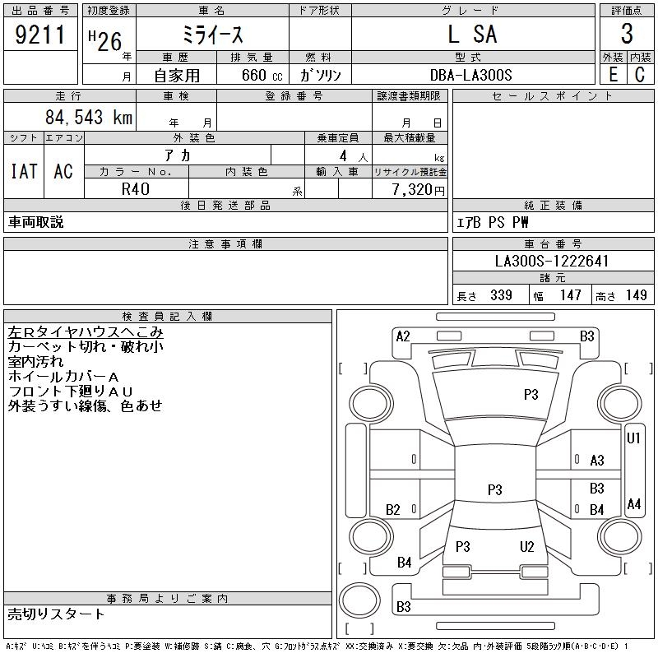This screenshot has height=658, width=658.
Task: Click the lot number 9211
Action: pyautogui.click(x=39, y=35)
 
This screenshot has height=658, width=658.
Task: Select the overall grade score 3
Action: pyautogui.click(x=627, y=34)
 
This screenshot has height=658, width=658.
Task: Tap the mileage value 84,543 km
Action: pyautogui.click(x=89, y=117)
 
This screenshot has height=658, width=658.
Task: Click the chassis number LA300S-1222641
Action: pyautogui.click(x=551, y=261)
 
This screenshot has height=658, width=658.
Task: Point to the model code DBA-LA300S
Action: pyautogui.click(x=470, y=75)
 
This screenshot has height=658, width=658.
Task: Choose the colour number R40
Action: pyautogui.click(x=136, y=189)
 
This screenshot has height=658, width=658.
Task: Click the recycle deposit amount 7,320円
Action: pyautogui.click(x=418, y=190)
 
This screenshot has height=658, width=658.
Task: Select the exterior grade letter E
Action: pyautogui.click(x=613, y=75)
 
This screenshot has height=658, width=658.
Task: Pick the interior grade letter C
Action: pyautogui.click(x=640, y=75)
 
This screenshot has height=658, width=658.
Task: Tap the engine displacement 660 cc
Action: pyautogui.click(x=262, y=75)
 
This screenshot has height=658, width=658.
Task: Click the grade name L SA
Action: pyautogui.click(x=472, y=34)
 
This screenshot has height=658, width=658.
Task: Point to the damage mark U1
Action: pyautogui.click(x=633, y=438)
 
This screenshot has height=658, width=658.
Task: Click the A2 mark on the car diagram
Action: pyautogui.click(x=403, y=336)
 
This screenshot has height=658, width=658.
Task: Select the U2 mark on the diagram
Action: pyautogui.click(x=526, y=546)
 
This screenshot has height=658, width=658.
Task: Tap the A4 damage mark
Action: pyautogui.click(x=633, y=503)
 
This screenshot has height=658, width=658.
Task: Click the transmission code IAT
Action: pyautogui.click(x=24, y=171)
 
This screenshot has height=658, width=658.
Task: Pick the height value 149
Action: pyautogui.click(x=636, y=295)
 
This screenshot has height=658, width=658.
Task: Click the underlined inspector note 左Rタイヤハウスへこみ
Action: pyautogui.click(x=86, y=332)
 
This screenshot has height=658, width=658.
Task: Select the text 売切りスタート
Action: pyautogui.click(x=56, y=614)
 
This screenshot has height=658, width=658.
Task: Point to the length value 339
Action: pyautogui.click(x=501, y=295)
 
